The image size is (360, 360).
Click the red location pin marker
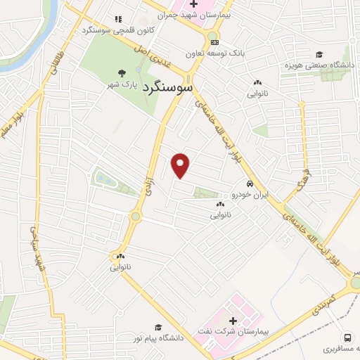[x=181, y=165]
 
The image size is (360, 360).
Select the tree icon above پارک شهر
[x=122, y=72]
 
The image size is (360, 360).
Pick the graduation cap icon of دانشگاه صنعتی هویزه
[x=319, y=54]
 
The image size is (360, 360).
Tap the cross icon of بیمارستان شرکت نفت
[x=233, y=321]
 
